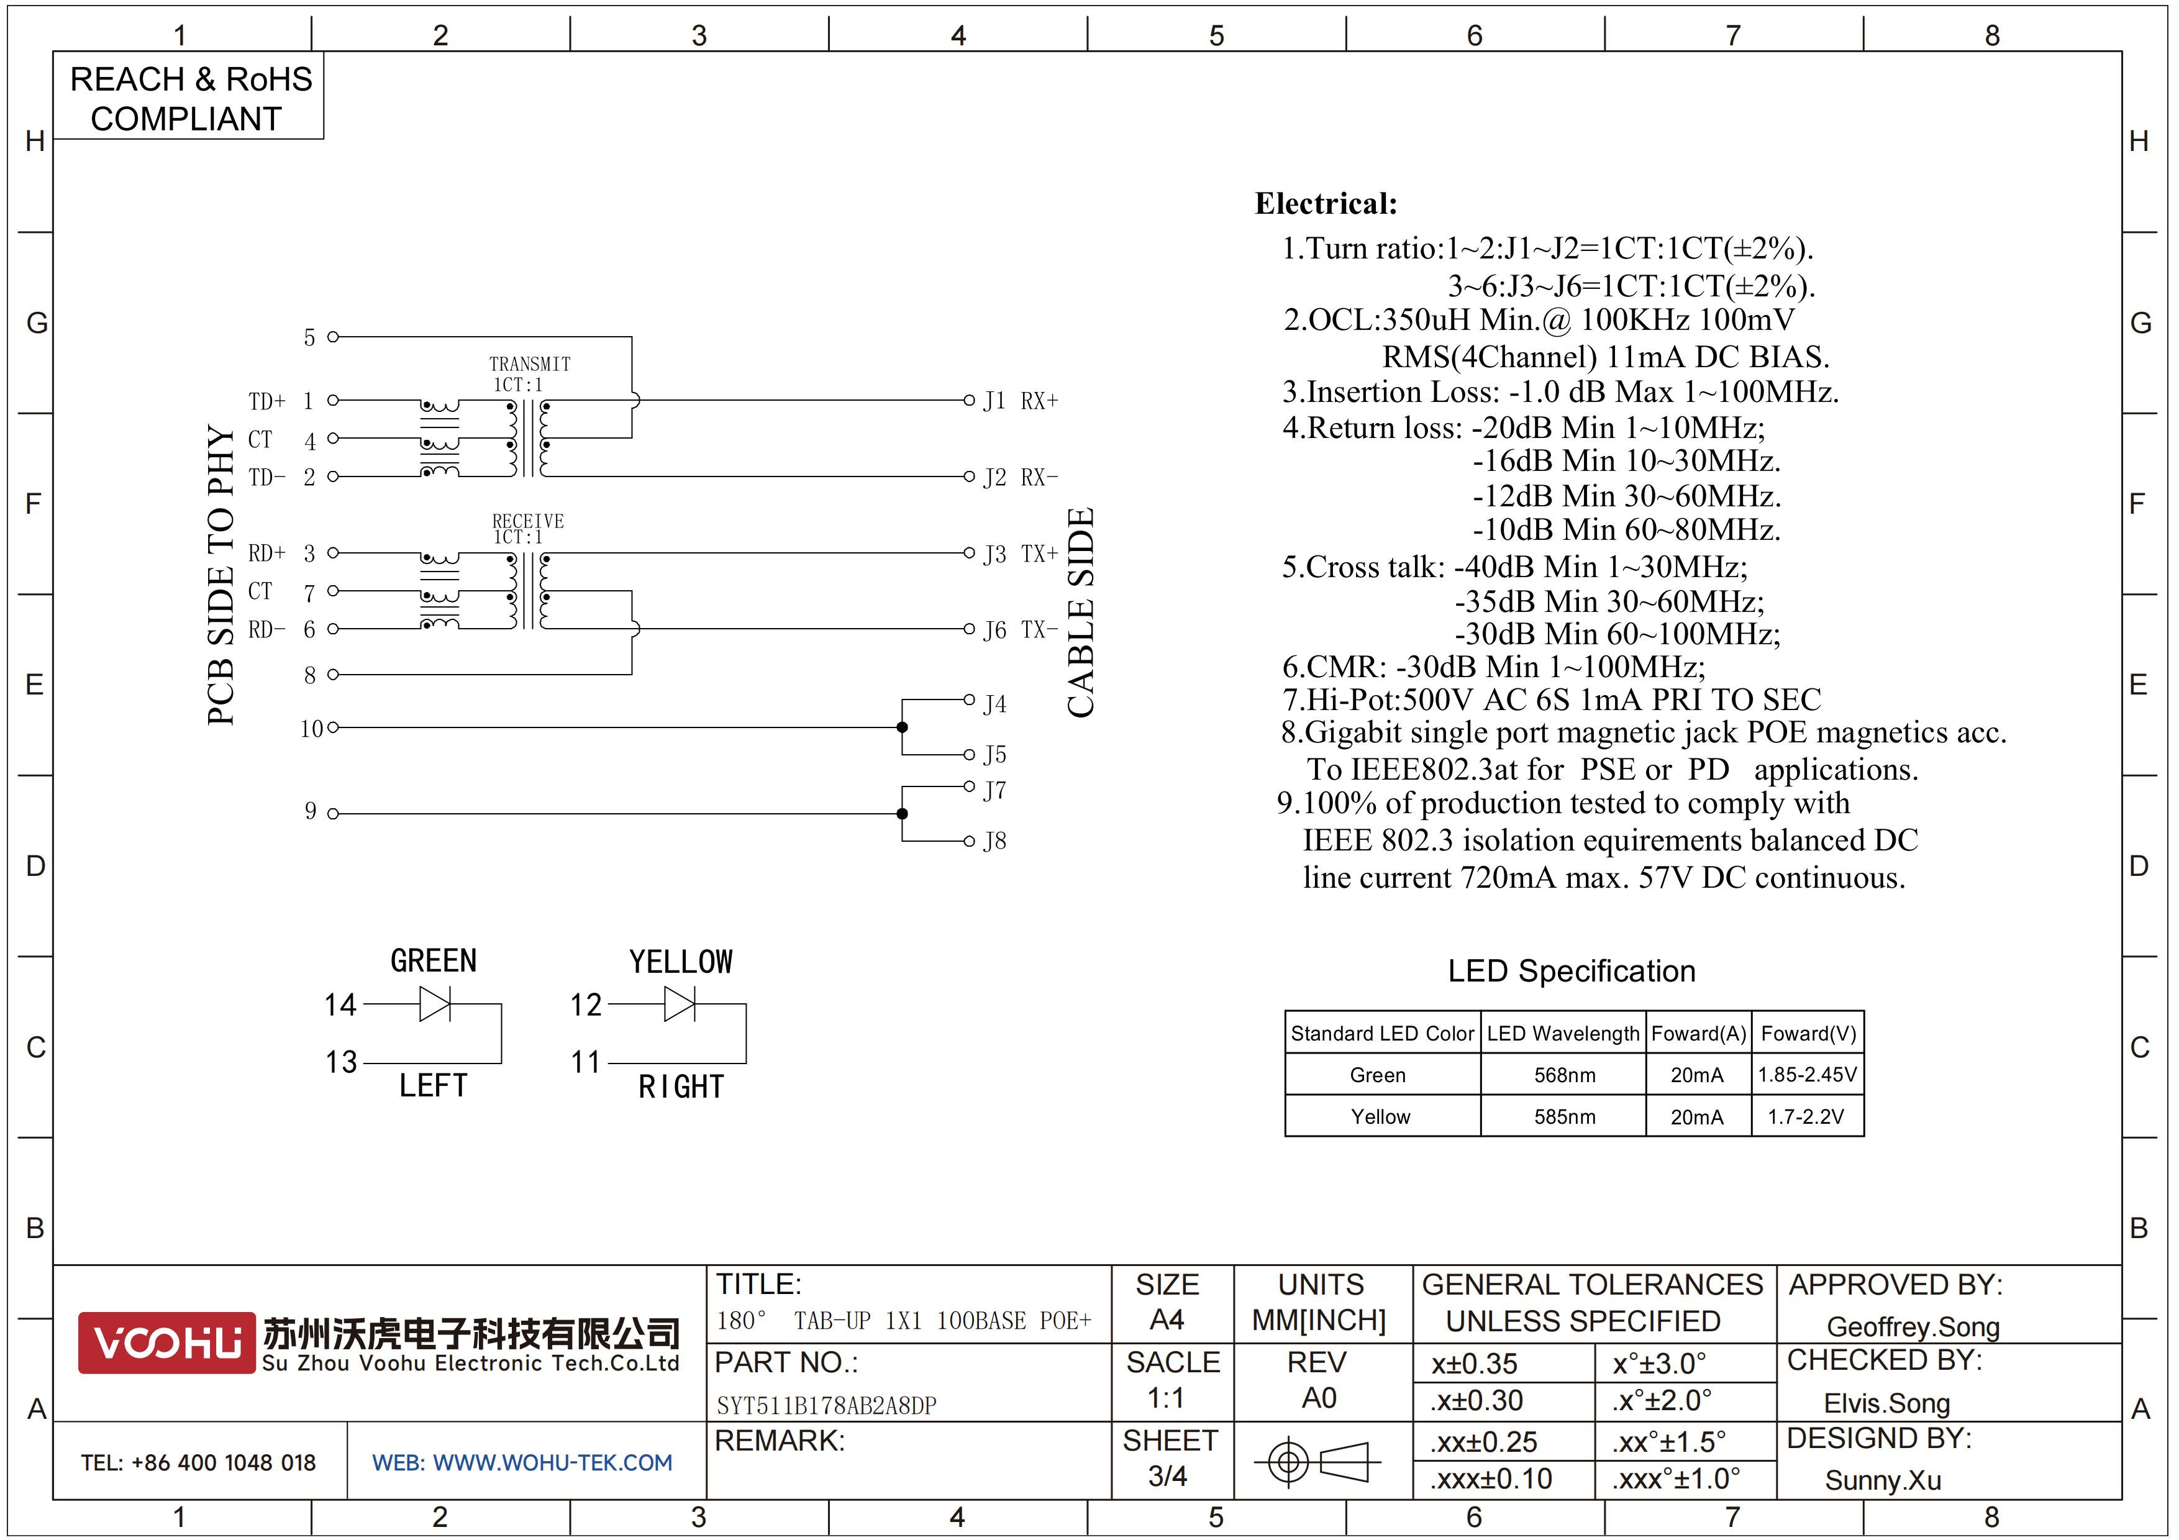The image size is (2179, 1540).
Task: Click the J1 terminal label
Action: (994, 401)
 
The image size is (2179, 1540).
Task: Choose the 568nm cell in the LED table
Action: (1564, 1075)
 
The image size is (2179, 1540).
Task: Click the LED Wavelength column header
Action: (1562, 1033)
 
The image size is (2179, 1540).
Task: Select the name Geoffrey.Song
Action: (1913, 1326)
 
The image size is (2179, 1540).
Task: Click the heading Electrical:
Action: (1326, 203)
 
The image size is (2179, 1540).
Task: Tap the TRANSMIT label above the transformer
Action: (530, 365)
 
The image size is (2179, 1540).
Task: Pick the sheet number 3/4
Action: (1167, 1475)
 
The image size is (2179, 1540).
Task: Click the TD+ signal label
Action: (266, 401)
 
